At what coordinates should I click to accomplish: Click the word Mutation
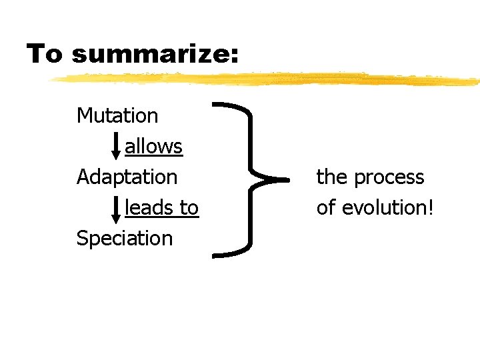tap(117, 115)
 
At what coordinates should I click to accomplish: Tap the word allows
tap(153, 146)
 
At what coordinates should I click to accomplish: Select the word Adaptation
tap(127, 177)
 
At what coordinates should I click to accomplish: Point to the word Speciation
tap(125, 239)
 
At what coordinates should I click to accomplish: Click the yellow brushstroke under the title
tap(267, 79)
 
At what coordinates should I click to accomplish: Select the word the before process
tap(332, 177)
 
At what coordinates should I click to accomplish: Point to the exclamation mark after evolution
tap(431, 208)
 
